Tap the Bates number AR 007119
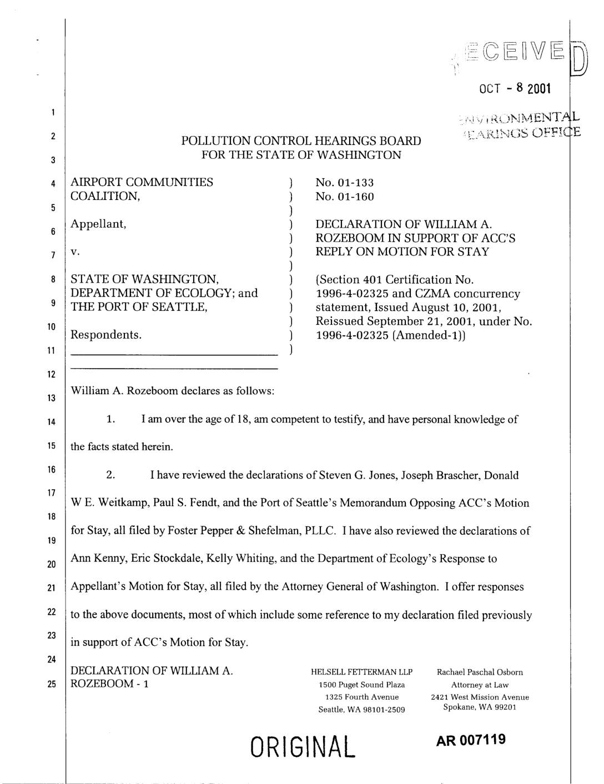[471, 740]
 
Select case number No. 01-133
[344, 183]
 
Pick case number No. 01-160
[344, 197]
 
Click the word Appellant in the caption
[98, 224]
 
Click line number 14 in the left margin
[51, 422]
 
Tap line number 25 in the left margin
[51, 684]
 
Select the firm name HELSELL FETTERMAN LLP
[361, 672]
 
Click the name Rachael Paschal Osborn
[480, 672]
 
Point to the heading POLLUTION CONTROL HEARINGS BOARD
[301, 141]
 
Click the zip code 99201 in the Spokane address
[505, 707]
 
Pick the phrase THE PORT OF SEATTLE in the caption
[139, 307]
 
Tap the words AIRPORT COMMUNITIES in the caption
[142, 183]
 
